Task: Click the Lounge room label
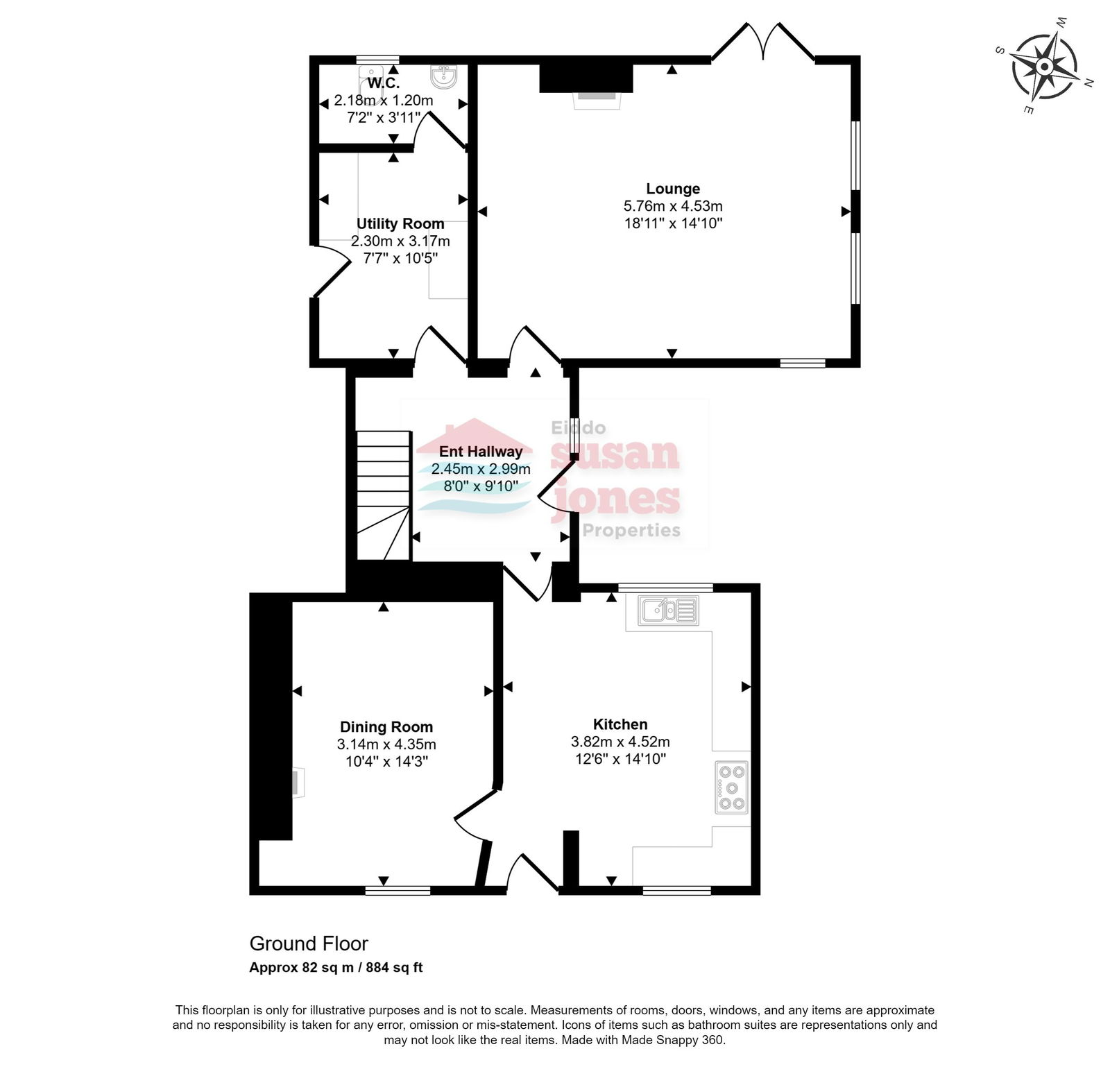click(672, 189)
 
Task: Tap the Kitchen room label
click(620, 724)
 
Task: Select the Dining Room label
click(386, 727)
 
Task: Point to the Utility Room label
click(400, 224)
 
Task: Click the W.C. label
click(384, 83)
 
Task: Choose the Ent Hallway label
click(481, 452)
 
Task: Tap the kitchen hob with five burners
click(731, 787)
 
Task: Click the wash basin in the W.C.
click(443, 76)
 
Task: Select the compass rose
click(1044, 67)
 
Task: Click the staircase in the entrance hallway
click(384, 495)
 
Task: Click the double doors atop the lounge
click(763, 42)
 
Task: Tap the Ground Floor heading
click(309, 944)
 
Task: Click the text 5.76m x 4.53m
click(673, 206)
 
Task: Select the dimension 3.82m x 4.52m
click(620, 742)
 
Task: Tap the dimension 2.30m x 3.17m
click(400, 241)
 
